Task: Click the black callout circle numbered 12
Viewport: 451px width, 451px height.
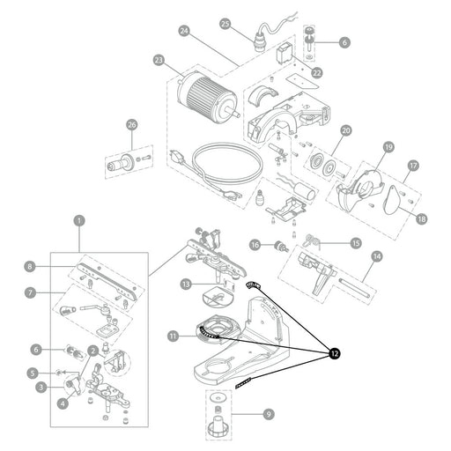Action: tap(335, 353)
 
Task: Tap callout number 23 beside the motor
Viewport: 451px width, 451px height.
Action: tap(159, 61)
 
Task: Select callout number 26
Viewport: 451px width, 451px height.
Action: tap(132, 125)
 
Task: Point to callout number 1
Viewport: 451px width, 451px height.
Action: tap(79, 221)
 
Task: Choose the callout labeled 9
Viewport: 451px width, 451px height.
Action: tap(269, 414)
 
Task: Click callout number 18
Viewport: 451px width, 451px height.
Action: tap(421, 218)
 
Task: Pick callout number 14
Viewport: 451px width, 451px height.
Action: tap(377, 256)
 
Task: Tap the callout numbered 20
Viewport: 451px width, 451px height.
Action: tap(346, 130)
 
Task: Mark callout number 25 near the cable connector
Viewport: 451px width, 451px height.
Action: tap(225, 24)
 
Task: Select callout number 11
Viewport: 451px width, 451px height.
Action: tap(174, 336)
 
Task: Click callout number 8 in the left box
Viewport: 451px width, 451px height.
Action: tap(30, 267)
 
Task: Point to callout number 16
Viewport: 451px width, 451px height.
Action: tap(255, 245)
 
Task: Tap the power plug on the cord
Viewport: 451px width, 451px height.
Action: tap(177, 158)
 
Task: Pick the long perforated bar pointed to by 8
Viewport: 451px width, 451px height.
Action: tap(107, 281)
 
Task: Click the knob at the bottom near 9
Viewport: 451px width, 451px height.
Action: tap(218, 428)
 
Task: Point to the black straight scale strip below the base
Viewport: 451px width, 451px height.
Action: tap(243, 383)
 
